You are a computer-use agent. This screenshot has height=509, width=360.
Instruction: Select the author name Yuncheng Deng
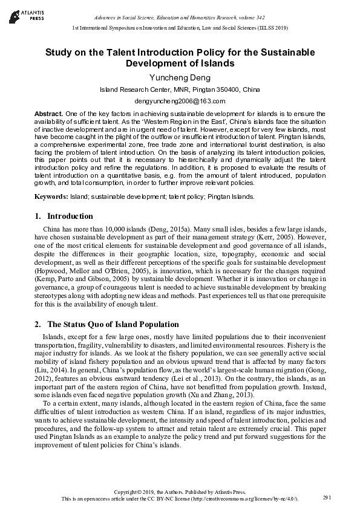[180, 77]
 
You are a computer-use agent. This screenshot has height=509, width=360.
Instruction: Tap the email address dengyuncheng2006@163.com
[180, 101]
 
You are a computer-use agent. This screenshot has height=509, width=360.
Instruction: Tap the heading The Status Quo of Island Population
[113, 325]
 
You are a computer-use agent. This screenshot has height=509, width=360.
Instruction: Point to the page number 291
[327, 497]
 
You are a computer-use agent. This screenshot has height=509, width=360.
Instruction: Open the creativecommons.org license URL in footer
[245, 499]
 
